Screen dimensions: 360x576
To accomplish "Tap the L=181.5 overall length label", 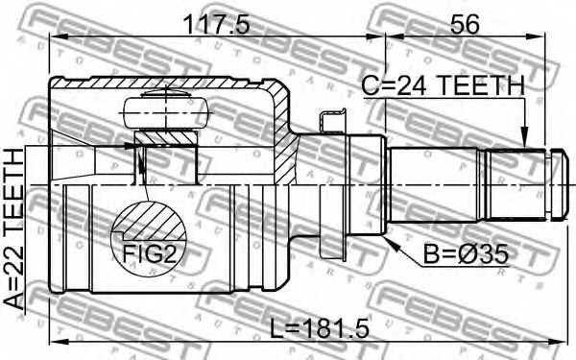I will pos(319,328).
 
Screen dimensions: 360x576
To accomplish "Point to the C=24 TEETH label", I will pos(443,86).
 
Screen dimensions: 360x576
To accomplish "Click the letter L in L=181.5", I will pos(277,328).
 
